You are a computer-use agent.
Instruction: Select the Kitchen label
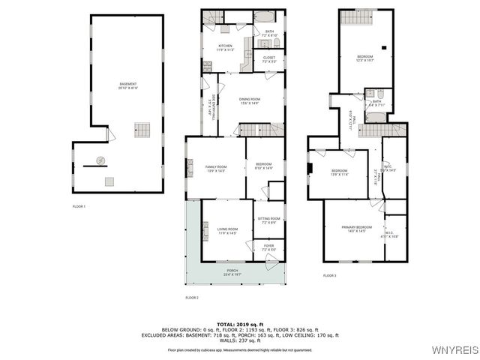(226, 46)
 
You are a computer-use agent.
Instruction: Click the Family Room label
(216, 168)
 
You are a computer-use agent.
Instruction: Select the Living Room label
(227, 231)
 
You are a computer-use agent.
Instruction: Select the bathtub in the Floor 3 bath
(370, 95)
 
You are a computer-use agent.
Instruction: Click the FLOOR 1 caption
(79, 206)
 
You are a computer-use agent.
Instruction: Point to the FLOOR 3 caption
(330, 276)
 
